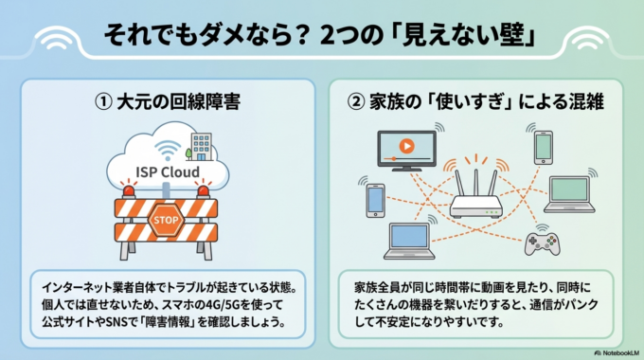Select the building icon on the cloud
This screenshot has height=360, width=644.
coord(200,146)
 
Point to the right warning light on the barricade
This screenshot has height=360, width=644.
coord(201,192)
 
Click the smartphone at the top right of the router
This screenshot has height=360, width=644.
coord(542,146)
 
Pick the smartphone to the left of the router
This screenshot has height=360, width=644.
coord(375,199)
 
